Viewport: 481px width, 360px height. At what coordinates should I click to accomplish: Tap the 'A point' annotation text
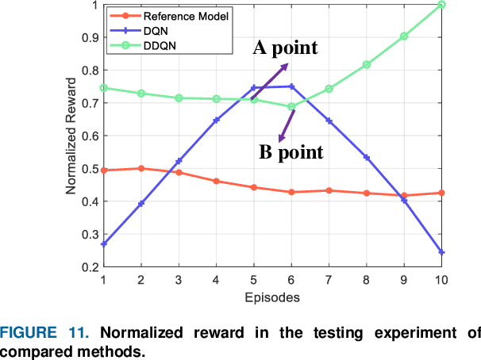point(285,48)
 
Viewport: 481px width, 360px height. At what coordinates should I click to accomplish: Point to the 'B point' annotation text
point(292,152)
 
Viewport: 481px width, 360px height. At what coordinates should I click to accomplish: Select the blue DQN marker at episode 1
point(104,243)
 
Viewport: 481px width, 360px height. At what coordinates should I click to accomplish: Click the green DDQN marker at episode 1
point(104,88)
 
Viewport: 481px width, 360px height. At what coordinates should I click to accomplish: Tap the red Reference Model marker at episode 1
point(104,170)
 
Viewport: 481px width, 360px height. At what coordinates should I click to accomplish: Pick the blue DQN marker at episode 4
point(216,120)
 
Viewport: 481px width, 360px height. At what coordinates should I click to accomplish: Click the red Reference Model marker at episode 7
point(329,190)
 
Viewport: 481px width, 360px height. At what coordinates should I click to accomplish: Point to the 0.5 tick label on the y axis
point(88,169)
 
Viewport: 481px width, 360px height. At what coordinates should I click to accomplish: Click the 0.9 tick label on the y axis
point(88,37)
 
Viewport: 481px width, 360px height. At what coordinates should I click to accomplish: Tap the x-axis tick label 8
point(367,281)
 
